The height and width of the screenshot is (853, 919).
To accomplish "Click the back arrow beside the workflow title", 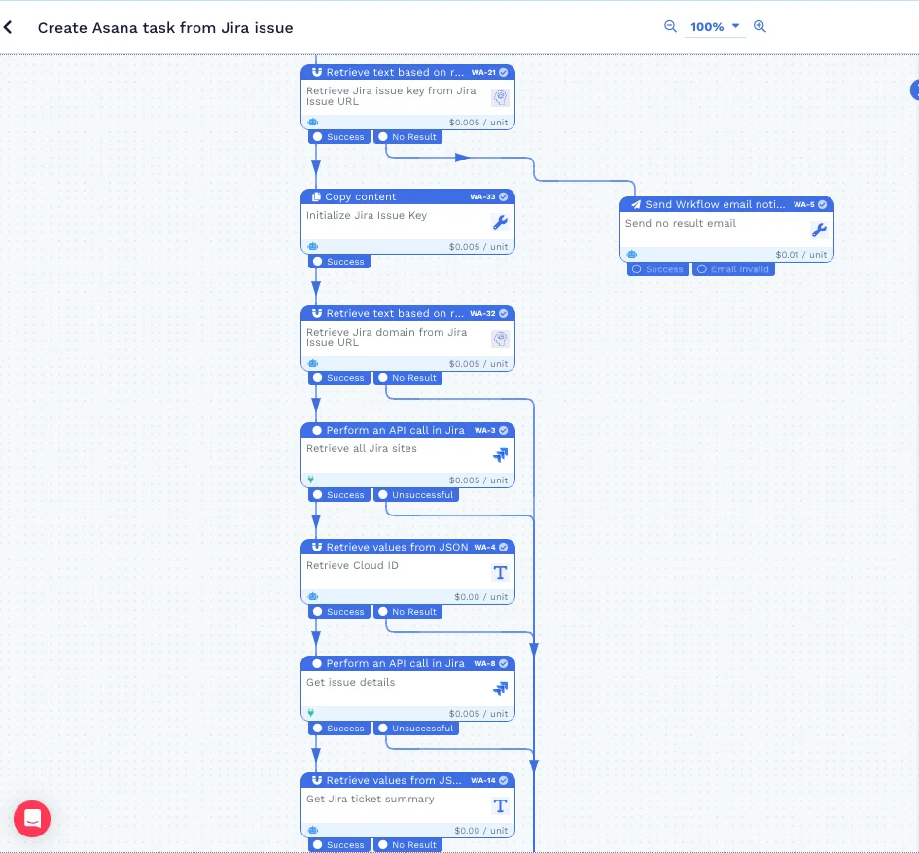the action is point(9,28).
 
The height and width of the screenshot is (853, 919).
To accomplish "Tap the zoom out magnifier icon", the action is point(670,27).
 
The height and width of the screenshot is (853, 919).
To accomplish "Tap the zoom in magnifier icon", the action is point(760,27).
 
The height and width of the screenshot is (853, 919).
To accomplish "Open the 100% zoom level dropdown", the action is point(715,27).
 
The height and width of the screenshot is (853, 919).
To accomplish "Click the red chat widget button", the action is point(32,819).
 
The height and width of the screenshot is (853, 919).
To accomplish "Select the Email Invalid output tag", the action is point(733,269).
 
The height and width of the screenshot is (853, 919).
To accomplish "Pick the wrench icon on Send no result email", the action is point(819,231).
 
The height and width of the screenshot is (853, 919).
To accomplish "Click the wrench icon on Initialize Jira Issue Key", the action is point(500,223).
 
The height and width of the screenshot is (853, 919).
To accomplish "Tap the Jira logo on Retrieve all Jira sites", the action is point(500,455).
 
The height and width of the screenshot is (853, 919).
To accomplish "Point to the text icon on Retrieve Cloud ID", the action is point(500,572).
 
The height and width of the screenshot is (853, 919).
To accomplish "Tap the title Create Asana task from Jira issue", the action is point(165,28).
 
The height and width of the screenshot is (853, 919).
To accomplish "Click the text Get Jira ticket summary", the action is point(371,800).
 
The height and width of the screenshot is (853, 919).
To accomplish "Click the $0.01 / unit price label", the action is point(801,255).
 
